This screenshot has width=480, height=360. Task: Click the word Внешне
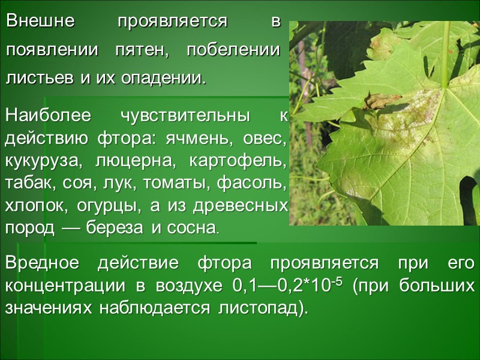click(40, 22)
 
